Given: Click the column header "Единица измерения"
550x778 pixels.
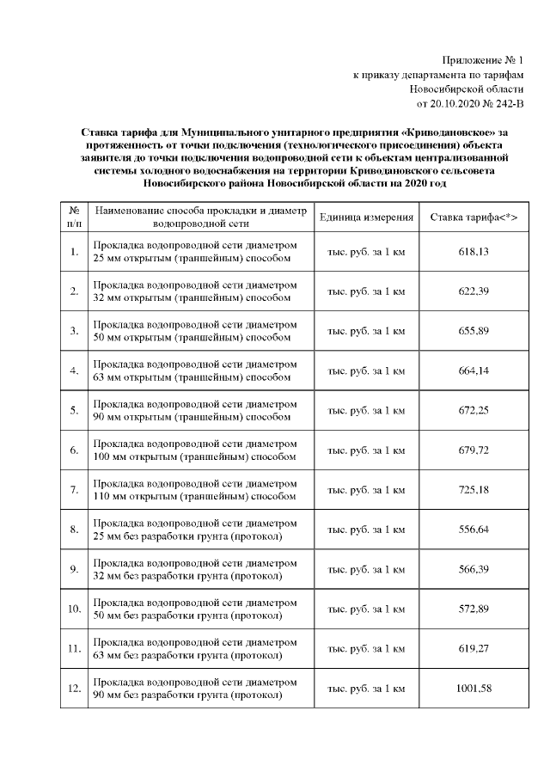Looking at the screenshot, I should pos(366,217).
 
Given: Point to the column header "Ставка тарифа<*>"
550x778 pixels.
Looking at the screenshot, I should pos(474,217).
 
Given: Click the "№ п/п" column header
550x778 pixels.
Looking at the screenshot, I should pos(74,217).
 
